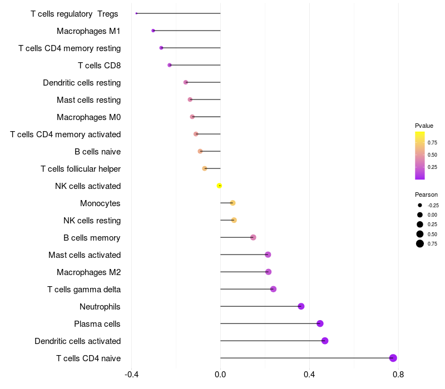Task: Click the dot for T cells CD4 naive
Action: tap(393, 358)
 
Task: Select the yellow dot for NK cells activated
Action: tap(220, 186)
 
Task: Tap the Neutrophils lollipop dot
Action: tap(301, 306)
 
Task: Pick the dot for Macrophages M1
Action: tap(154, 31)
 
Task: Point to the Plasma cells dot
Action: tap(320, 323)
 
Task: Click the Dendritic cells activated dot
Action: tap(325, 341)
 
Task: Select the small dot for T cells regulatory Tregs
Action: tap(136, 13)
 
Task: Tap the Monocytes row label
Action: tap(100, 203)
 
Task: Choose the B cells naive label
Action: tap(97, 152)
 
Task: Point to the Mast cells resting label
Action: tap(88, 100)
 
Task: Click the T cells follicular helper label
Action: tap(81, 169)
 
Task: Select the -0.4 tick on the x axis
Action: tap(131, 375)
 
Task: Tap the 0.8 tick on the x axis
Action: tap(398, 375)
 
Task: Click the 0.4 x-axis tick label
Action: tap(309, 375)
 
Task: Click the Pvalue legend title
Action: tap(424, 126)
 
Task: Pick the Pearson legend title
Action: tap(426, 194)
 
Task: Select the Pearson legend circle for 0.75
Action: tap(420, 243)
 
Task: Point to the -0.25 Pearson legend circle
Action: tap(420, 205)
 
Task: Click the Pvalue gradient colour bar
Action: tap(420, 156)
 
